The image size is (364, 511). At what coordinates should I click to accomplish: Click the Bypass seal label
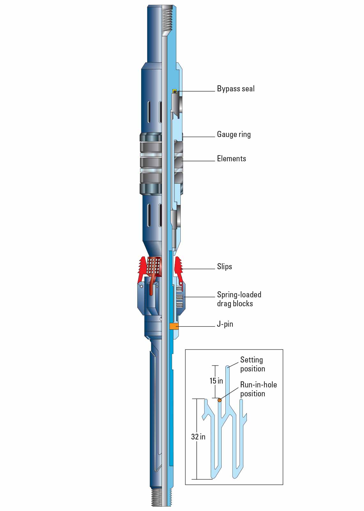point(236,89)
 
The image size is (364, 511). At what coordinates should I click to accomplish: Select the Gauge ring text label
point(234,134)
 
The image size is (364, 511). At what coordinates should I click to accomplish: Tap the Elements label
point(231,159)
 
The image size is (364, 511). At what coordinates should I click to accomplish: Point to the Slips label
point(224,267)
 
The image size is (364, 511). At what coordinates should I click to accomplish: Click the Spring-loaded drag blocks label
point(239,299)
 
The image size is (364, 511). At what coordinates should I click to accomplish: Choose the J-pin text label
point(225,324)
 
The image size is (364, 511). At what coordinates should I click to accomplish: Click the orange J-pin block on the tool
point(174,326)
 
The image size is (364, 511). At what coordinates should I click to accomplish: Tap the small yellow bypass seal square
point(174,91)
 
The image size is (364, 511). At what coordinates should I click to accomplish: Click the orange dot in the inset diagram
point(219,400)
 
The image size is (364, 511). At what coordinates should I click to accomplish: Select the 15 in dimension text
point(216,381)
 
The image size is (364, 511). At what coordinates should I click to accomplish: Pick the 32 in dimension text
point(198,437)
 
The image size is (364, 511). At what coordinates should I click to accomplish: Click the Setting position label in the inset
point(252,364)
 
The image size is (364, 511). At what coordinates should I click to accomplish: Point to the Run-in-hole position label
point(258,389)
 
